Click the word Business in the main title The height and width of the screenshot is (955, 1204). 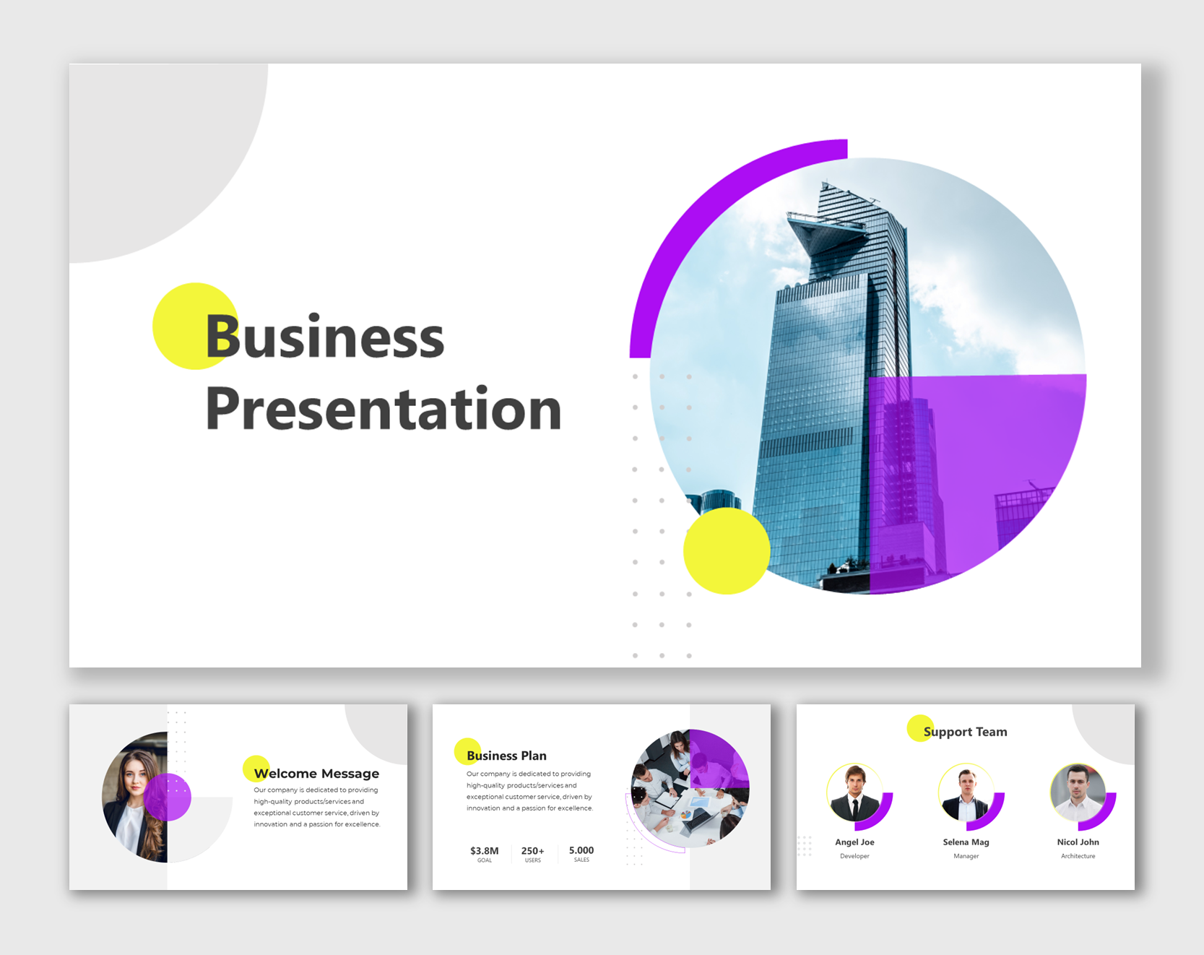coord(325,337)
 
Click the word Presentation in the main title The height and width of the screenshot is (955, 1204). coord(383,409)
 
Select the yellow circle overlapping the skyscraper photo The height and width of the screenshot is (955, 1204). coord(726,551)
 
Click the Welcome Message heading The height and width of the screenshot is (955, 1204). coord(316,774)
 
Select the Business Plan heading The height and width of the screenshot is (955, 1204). coord(506,756)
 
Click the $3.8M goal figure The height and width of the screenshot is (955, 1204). coord(484,851)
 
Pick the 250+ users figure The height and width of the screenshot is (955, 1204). coord(533,851)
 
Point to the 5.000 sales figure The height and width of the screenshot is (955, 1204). coord(581,851)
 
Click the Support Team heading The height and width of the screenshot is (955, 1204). coord(965,732)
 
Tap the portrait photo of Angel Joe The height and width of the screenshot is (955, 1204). coord(855,793)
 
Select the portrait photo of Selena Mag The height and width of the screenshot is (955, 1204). coord(966,793)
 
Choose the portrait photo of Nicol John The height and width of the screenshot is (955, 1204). coord(1078,793)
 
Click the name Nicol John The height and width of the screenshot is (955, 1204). coord(1078,842)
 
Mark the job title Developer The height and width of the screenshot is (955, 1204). coord(854,856)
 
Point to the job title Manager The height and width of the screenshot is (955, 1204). coord(966,856)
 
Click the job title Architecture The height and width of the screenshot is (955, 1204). coord(1078,856)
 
